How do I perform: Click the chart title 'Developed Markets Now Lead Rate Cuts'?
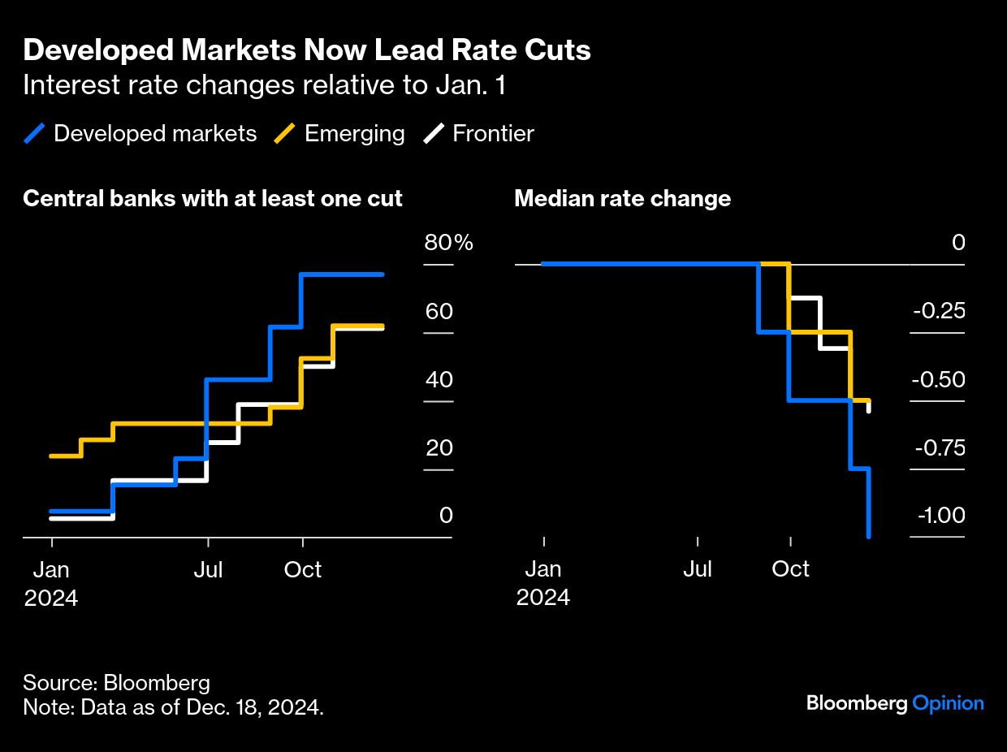point(306,51)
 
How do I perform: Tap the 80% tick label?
point(448,243)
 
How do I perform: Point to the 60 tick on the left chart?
point(439,312)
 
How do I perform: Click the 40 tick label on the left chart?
point(439,380)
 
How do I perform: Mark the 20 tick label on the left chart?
point(439,448)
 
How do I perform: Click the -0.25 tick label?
point(939,312)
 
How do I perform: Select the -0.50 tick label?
point(939,380)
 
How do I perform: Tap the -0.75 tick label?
point(939,448)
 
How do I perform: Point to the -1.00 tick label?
point(940,516)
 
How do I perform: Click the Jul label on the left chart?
point(209,569)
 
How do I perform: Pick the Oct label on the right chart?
point(790,569)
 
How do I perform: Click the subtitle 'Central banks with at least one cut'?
point(213,199)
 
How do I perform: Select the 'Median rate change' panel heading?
point(622,199)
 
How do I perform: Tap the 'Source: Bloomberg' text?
point(116,683)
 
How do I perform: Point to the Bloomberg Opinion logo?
point(895,703)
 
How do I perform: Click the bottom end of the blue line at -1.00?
point(869,536)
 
